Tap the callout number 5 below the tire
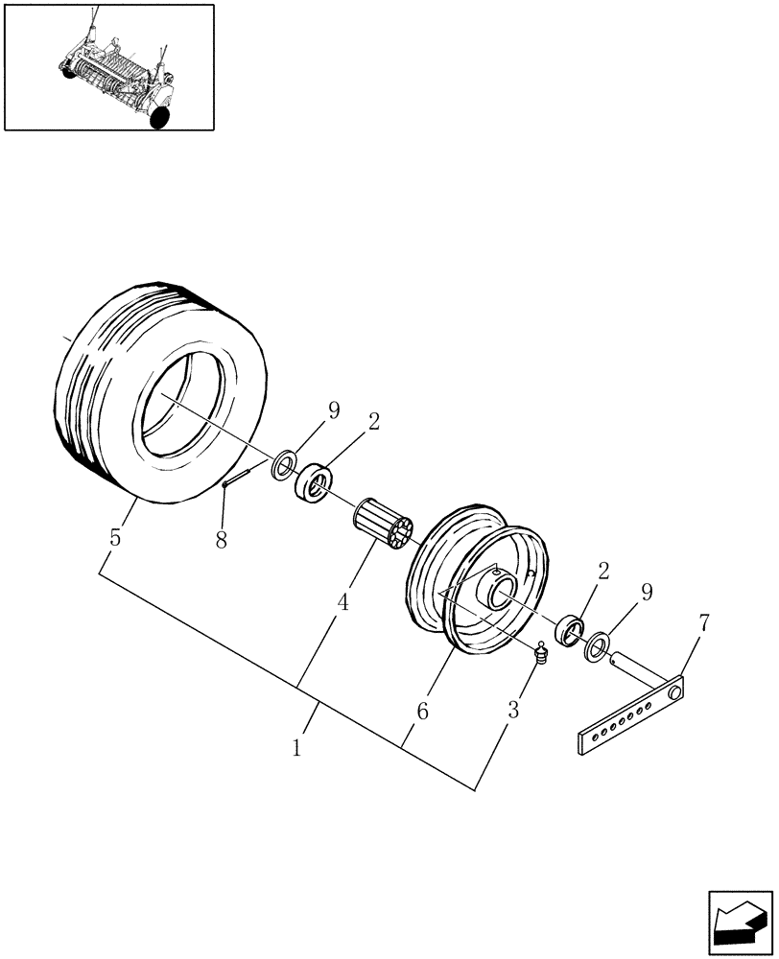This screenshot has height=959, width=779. click(x=115, y=538)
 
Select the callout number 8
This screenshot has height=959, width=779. click(x=222, y=540)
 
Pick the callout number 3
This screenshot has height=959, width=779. click(x=513, y=711)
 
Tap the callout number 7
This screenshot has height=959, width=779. click(x=704, y=623)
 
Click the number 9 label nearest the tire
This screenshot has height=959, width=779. click(x=334, y=410)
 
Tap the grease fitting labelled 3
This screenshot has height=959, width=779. click(x=541, y=655)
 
